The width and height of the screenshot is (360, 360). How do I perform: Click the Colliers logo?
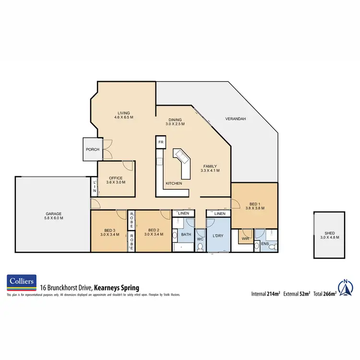click(x=21, y=283)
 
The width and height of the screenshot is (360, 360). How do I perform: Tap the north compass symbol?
click(x=345, y=287)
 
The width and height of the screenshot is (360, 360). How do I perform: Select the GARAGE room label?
click(x=53, y=214)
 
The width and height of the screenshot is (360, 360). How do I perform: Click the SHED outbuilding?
click(x=330, y=235)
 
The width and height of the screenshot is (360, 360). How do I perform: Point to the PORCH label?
click(x=93, y=149)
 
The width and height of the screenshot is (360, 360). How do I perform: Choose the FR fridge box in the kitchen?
click(x=160, y=143)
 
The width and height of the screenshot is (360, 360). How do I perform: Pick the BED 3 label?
click(x=110, y=230)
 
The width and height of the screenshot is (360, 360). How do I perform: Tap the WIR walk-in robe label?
click(x=245, y=238)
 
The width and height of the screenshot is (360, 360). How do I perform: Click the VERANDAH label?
click(x=236, y=119)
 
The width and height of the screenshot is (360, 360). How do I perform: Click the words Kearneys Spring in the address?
click(x=116, y=288)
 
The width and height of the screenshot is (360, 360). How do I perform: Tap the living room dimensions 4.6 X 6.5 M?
click(x=123, y=117)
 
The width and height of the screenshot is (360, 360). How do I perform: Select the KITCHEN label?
click(x=173, y=183)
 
